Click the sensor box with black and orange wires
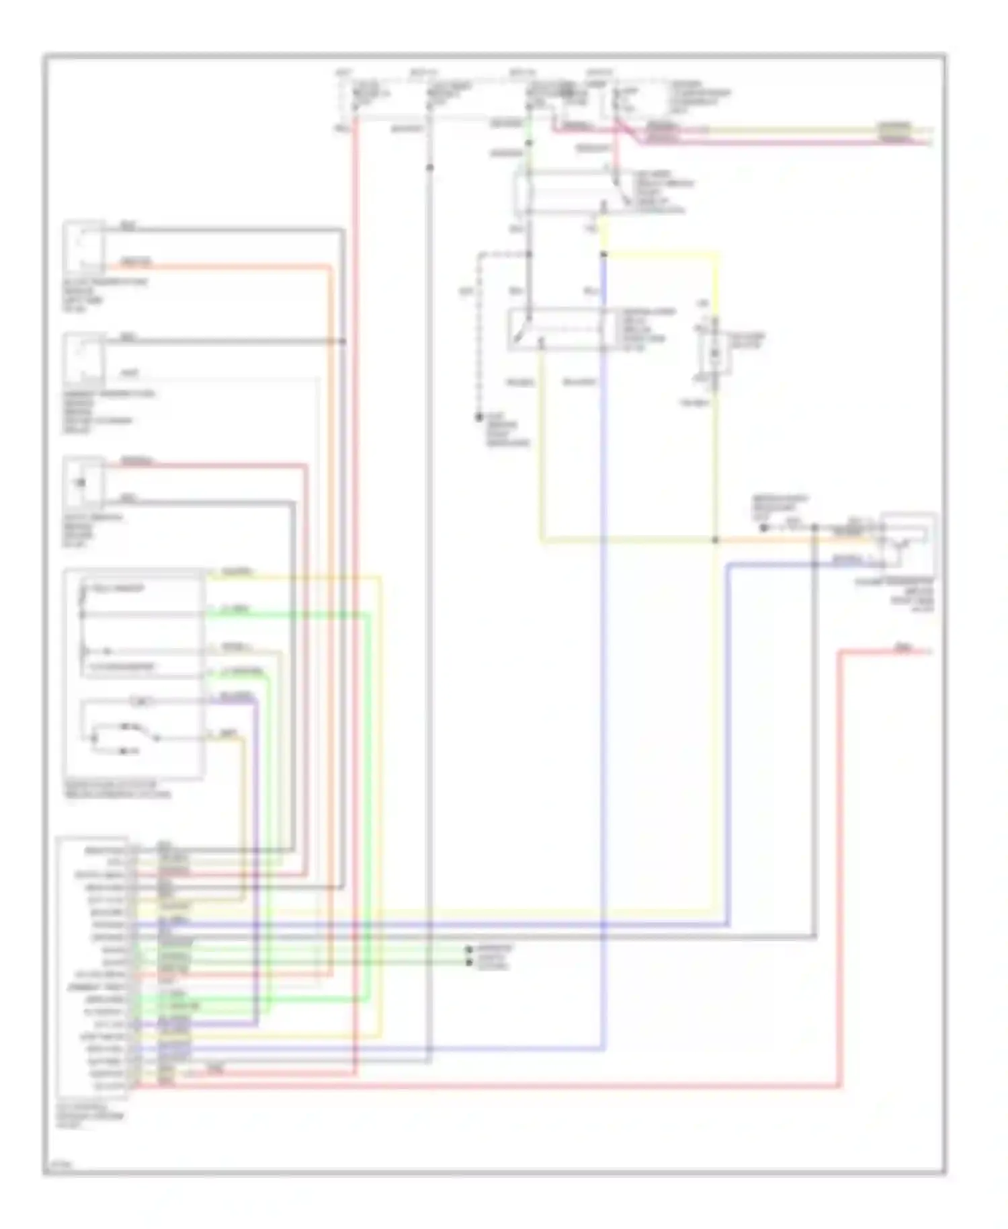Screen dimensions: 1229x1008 (83, 246)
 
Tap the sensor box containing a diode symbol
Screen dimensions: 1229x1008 (83, 482)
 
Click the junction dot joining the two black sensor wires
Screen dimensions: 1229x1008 (343, 342)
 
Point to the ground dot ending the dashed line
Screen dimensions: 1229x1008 (479, 418)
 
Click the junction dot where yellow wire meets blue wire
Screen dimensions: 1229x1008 (603, 254)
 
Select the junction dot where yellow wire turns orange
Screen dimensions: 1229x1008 (716, 540)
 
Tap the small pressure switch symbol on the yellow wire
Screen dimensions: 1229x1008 (714, 354)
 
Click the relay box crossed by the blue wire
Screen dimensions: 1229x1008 (561, 329)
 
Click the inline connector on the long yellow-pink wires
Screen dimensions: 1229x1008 (894, 132)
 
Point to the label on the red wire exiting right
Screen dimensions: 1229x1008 (903, 647)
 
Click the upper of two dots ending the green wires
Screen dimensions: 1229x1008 (469, 949)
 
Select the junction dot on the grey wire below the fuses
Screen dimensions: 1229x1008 (430, 167)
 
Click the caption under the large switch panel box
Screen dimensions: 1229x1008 (117, 789)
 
